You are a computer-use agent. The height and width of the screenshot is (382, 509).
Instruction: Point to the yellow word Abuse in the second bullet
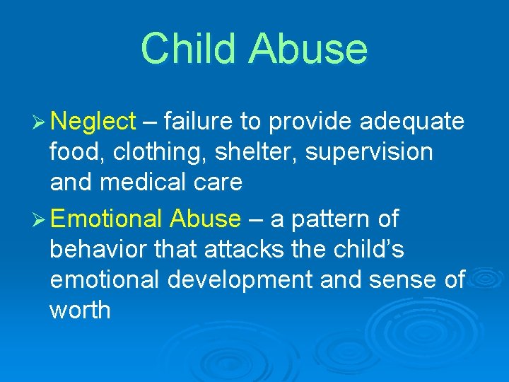[205, 219]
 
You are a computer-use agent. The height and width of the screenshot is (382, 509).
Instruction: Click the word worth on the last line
[80, 310]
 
